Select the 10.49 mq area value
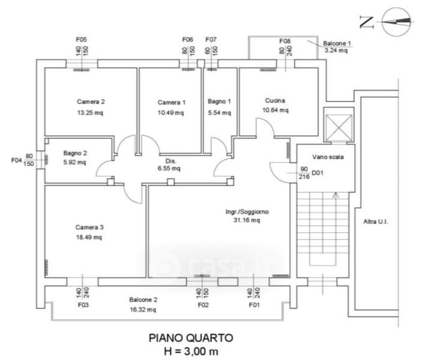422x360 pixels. (x=171, y=113)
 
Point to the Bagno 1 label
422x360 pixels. (x=220, y=101)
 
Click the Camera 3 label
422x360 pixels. (x=89, y=227)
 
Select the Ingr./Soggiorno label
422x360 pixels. (x=247, y=211)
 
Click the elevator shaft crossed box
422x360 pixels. (x=336, y=125)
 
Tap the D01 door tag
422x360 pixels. (x=317, y=173)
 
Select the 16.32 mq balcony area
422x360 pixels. (x=143, y=310)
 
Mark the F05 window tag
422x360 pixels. (x=82, y=40)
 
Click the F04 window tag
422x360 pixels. (x=17, y=160)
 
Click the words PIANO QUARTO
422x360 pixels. (x=190, y=339)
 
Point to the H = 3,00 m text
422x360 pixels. (x=190, y=351)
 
